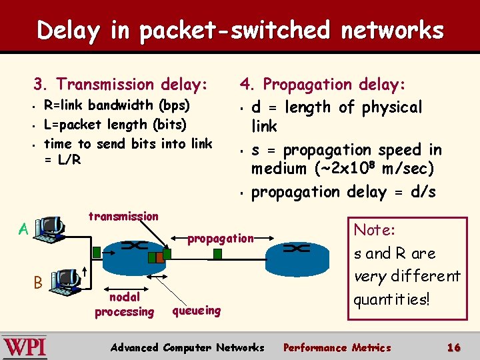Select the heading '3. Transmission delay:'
tap(121, 84)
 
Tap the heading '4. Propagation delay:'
tap(332, 84)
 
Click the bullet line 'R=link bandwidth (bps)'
tap(117, 105)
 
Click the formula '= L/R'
tap(62, 160)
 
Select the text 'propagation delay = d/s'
tap(343, 192)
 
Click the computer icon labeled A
tap(49, 229)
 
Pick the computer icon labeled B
tap(65, 282)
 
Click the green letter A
tap(23, 230)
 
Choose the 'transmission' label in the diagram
tap(123, 216)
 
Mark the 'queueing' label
tap(196, 311)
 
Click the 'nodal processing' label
tap(124, 305)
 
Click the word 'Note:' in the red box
tap(375, 231)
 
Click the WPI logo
tap(25, 347)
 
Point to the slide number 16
tap(454, 347)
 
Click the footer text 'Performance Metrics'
tap(337, 347)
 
